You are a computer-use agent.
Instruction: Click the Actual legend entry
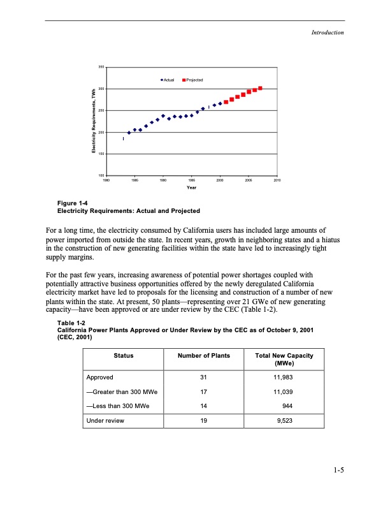click(171, 80)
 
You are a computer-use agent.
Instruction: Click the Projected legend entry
click(193, 80)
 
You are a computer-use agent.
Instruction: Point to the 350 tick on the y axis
click(101, 67)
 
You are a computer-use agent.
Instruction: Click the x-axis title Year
click(191, 188)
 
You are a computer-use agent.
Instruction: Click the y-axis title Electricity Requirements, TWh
click(94, 121)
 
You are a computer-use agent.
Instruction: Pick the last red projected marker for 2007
click(261, 88)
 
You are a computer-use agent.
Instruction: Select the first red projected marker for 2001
click(226, 102)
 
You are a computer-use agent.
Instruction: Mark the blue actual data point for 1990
click(163, 116)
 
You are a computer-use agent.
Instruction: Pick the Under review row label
click(106, 421)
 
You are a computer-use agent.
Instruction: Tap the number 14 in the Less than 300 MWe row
click(204, 406)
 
